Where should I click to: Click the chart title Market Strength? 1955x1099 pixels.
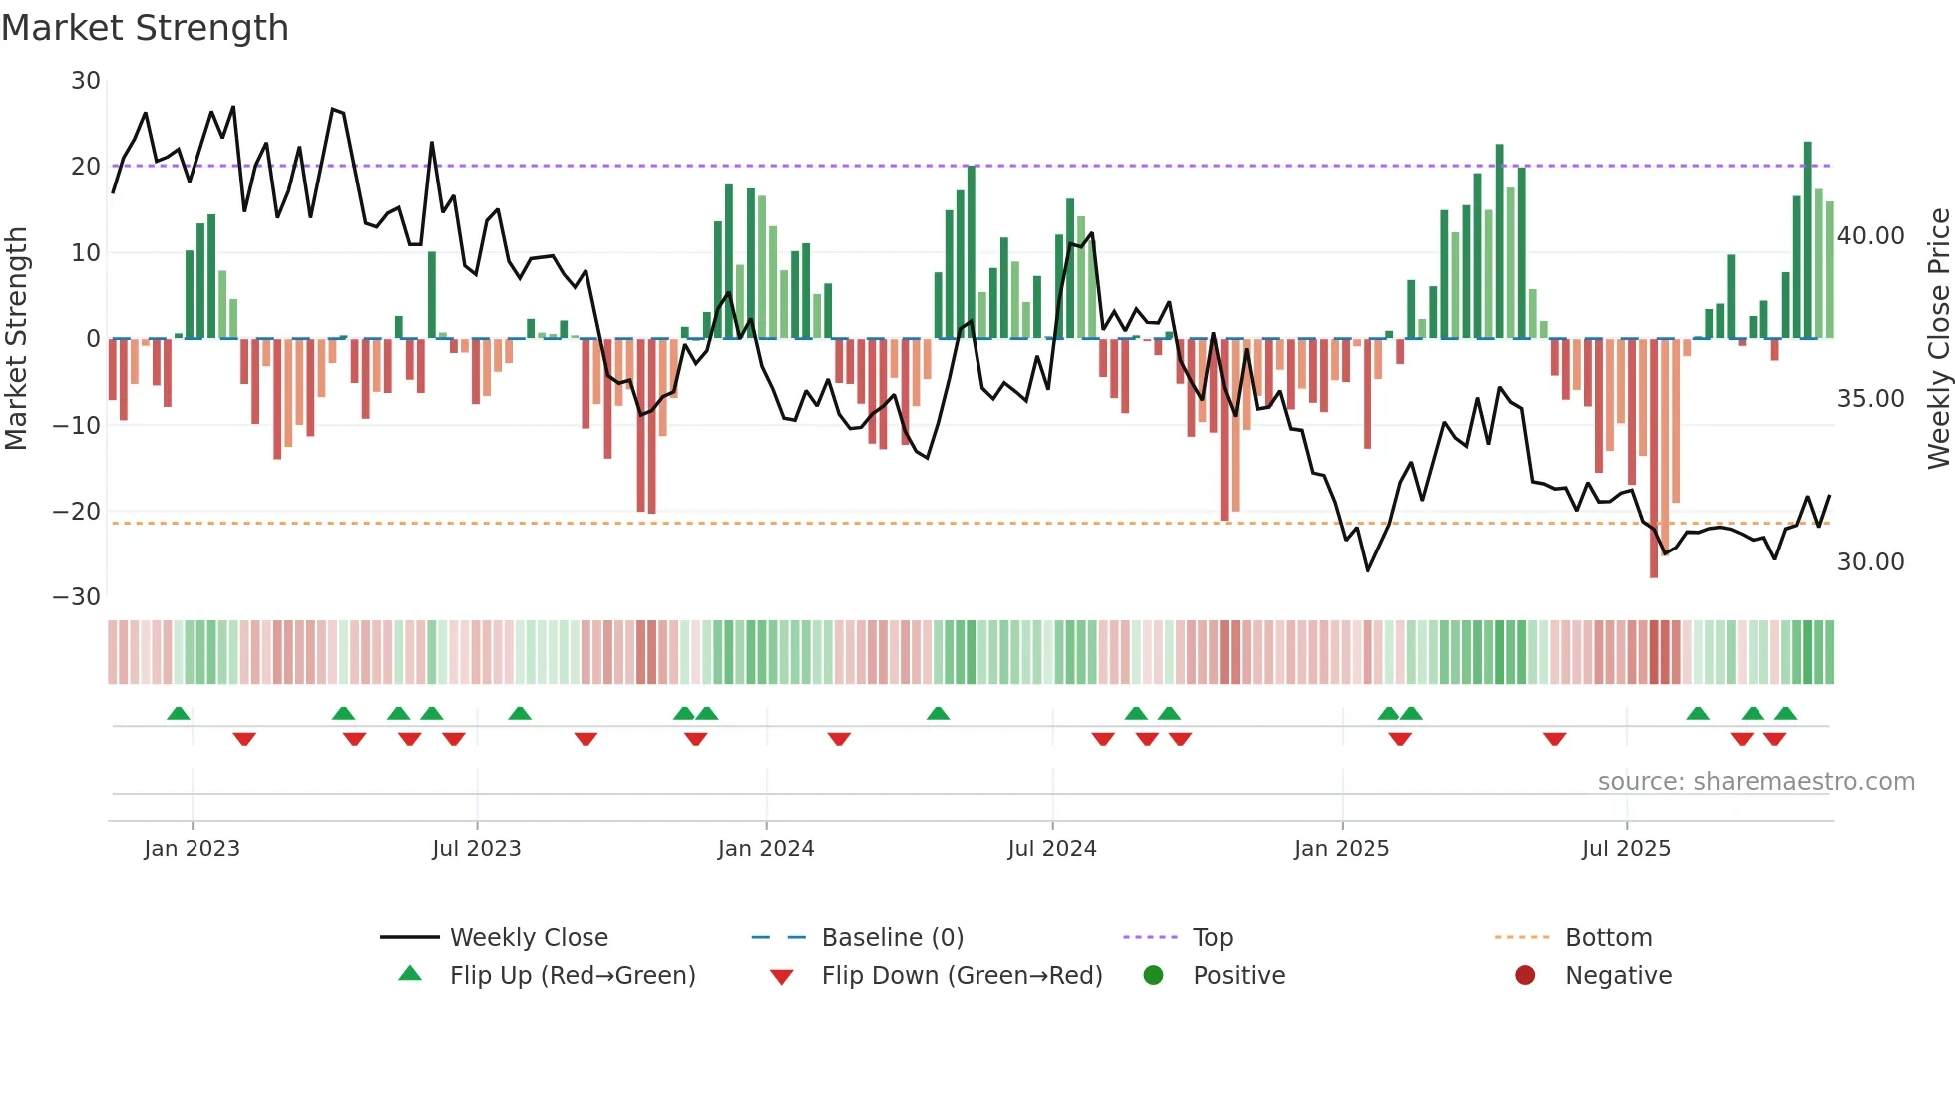[145, 28]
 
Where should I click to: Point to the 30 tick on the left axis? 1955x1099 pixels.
[86, 81]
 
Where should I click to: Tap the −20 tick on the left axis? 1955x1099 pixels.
[77, 512]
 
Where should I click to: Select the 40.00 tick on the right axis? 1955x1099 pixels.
[1870, 236]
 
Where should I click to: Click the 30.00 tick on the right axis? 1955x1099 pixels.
[1870, 562]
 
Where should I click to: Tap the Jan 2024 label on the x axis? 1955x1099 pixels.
[765, 849]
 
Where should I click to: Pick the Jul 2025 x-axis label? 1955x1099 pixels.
[1625, 849]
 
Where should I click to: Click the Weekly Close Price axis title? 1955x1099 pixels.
[1938, 339]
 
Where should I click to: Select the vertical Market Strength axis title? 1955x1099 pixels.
[16, 339]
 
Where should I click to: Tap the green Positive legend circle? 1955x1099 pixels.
[1154, 976]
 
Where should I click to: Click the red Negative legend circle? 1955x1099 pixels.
[1525, 976]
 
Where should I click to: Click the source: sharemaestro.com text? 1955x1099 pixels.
[1756, 782]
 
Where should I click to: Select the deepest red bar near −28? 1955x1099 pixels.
[1654, 459]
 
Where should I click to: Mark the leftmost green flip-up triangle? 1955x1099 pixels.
[179, 714]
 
